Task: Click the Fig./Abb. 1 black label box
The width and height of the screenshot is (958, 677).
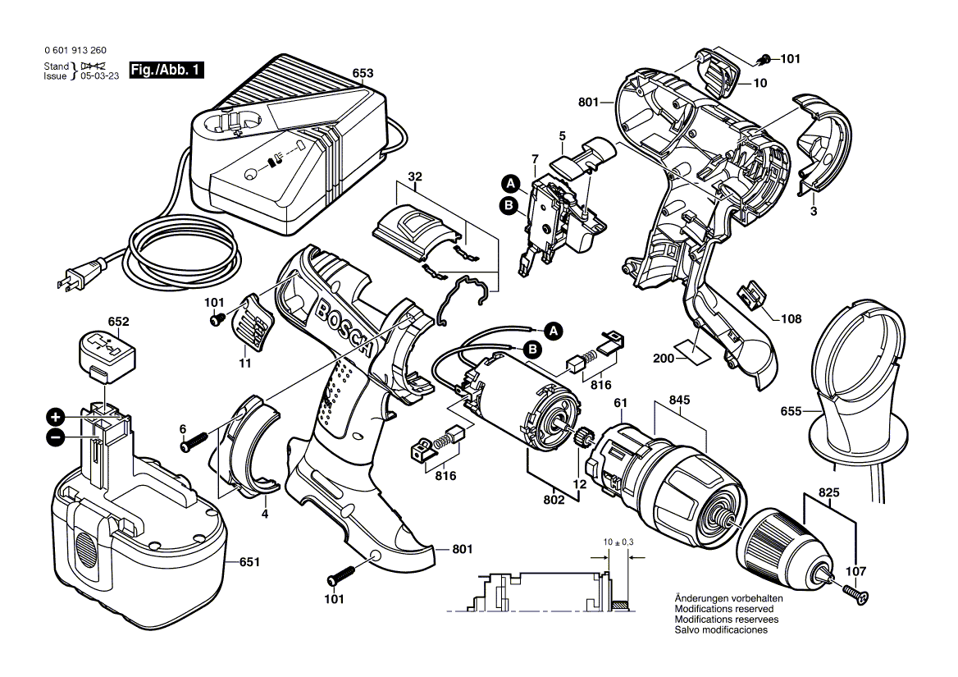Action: coord(167,71)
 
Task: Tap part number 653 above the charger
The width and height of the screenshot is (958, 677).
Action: coord(362,73)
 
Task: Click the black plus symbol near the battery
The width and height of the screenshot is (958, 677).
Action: coord(55,416)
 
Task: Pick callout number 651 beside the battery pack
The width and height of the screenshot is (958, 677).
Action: coord(249,562)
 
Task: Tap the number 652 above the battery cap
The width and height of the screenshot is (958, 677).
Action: coord(119,321)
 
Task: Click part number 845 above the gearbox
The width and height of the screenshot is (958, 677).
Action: coord(679,400)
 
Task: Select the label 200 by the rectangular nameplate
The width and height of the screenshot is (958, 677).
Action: coord(664,359)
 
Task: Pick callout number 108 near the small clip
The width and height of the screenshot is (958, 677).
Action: coord(791,318)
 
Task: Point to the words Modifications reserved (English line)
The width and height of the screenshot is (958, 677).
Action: coord(723,610)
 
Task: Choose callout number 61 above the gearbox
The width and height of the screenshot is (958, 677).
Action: coord(620,402)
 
